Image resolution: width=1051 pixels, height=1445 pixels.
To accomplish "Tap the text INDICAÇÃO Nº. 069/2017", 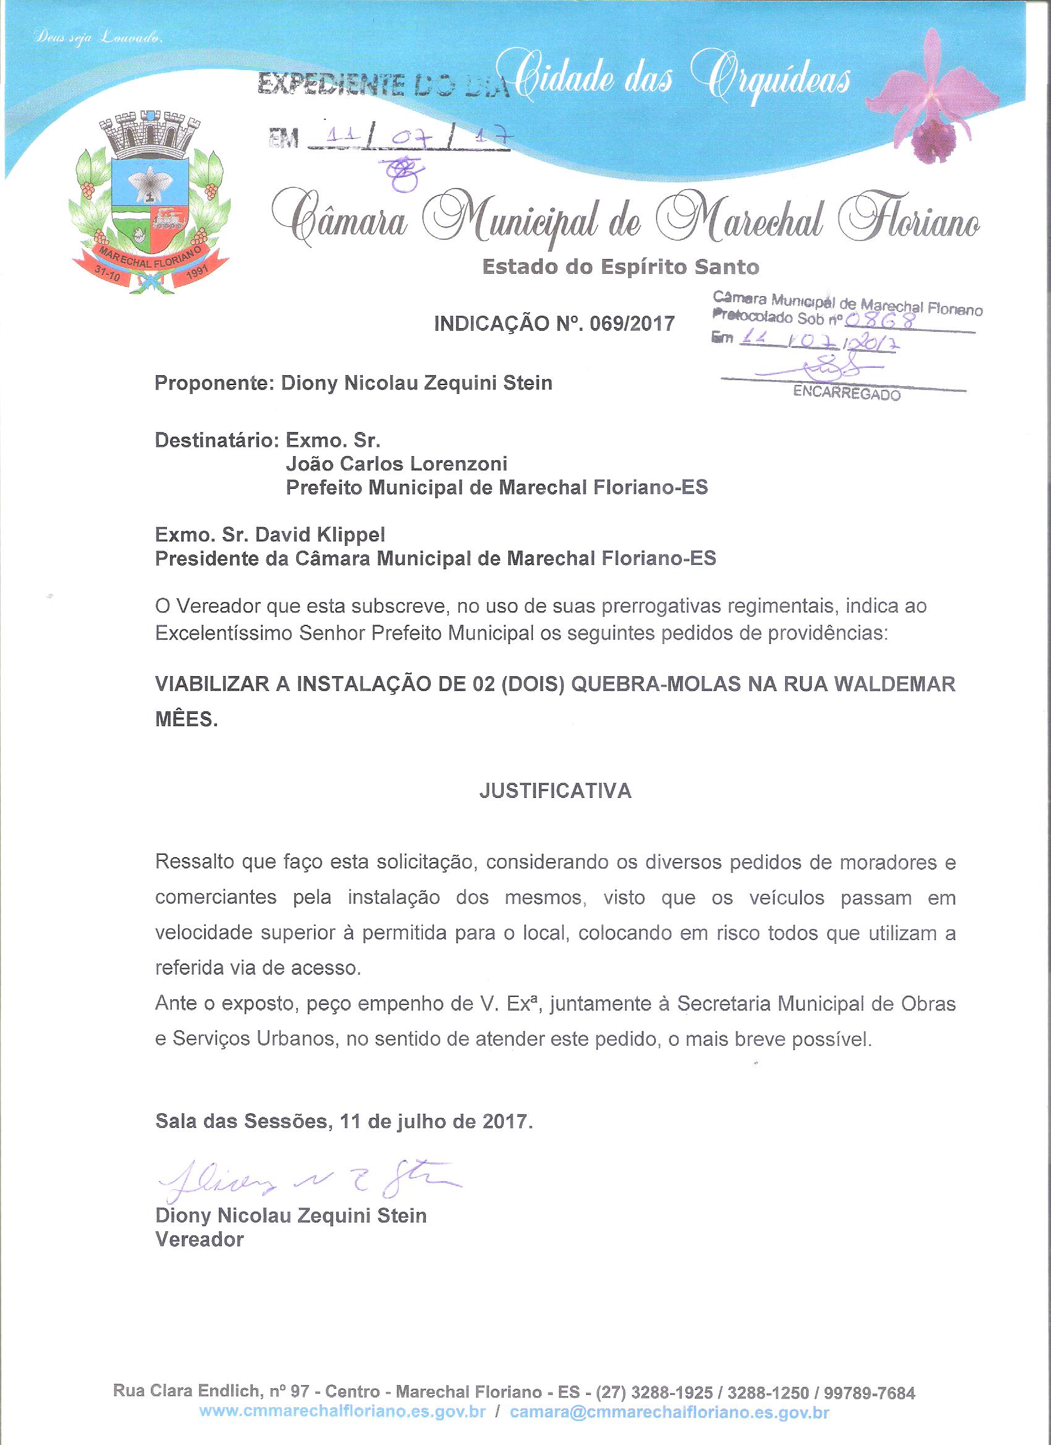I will (554, 324).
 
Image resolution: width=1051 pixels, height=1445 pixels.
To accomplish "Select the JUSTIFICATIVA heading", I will (555, 790).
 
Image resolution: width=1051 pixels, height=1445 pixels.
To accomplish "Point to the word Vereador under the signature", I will (200, 1239).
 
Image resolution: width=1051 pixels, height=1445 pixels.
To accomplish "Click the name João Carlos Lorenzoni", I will (396, 464).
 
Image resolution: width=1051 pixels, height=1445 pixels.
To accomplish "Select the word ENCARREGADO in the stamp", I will (846, 394).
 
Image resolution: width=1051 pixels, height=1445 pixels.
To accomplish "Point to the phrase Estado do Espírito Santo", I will (620, 266).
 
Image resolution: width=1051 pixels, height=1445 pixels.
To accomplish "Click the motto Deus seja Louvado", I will (100, 39).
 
